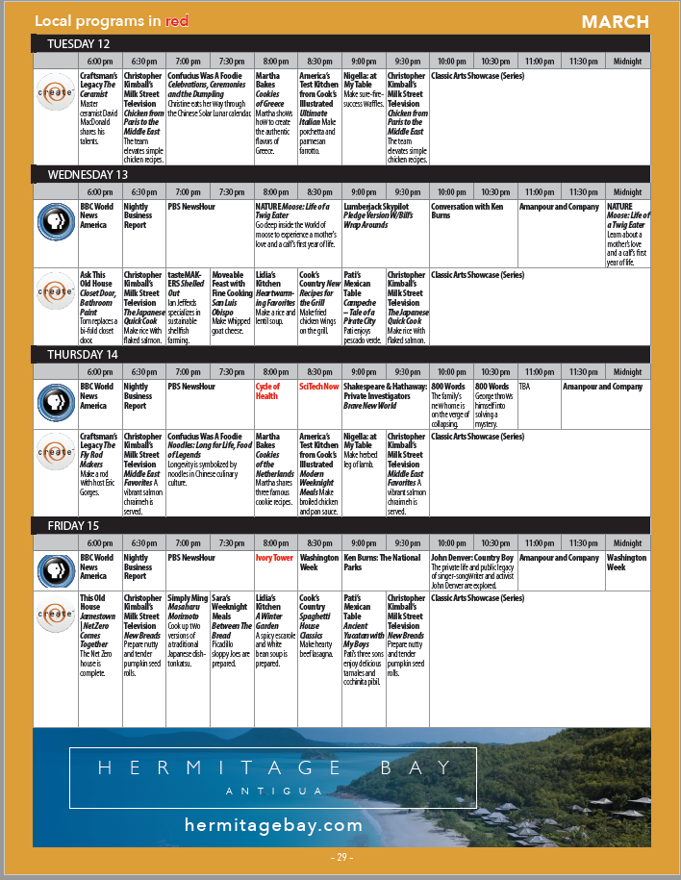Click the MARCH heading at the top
pos(615,21)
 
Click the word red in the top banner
pos(176,21)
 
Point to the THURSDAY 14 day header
pos(82,354)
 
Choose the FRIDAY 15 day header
pos(73,525)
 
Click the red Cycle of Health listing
pos(267,391)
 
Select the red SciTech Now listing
pos(318,387)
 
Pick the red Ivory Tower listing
pos(274,558)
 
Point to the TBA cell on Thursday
pos(525,387)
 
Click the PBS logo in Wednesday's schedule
pos(56,221)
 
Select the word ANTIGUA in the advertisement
pos(273,791)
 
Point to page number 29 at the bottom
pos(341,857)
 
